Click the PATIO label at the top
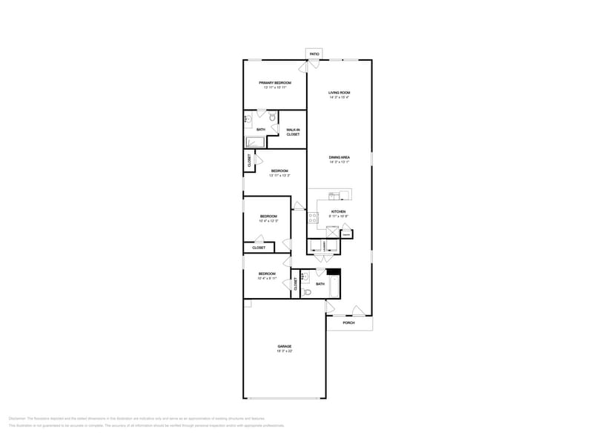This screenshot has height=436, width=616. (x=314, y=54)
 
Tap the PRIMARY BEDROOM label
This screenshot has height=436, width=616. (x=274, y=82)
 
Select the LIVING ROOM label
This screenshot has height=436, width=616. (x=340, y=93)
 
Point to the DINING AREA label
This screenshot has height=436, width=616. (x=340, y=157)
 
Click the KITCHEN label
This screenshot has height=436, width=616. (x=338, y=212)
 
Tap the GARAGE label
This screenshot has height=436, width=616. (x=285, y=346)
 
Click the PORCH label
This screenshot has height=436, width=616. (x=348, y=323)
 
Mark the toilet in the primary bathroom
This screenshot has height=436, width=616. (x=273, y=117)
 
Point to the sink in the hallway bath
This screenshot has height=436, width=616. (x=303, y=277)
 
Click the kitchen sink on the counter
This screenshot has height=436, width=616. (x=335, y=196)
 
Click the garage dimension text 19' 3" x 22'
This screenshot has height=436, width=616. (x=285, y=351)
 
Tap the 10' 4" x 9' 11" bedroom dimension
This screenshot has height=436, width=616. (x=267, y=279)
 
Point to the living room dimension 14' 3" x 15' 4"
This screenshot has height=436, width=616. (x=340, y=98)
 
